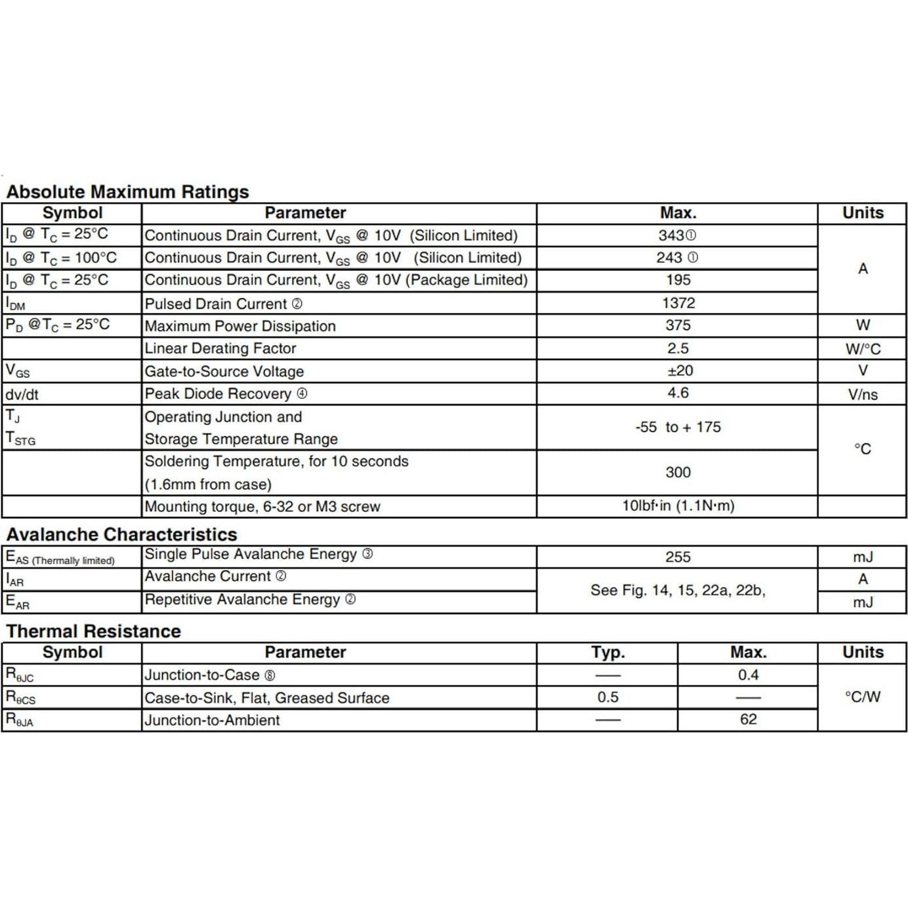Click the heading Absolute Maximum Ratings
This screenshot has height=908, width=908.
click(127, 192)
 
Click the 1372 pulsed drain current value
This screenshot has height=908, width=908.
click(678, 303)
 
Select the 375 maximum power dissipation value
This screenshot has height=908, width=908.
click(678, 325)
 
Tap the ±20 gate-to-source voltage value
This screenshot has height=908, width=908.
click(680, 371)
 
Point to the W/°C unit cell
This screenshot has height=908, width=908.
click(863, 349)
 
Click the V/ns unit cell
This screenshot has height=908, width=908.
click(863, 394)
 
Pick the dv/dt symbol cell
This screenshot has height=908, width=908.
click(22, 394)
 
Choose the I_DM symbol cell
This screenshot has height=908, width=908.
click(16, 304)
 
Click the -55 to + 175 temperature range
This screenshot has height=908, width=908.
click(678, 427)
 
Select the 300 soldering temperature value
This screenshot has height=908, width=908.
click(678, 472)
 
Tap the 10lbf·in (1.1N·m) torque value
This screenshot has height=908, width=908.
click(678, 506)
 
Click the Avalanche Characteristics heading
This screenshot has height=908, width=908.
click(121, 534)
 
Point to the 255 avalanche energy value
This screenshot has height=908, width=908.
click(678, 557)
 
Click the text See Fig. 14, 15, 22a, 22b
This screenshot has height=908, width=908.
click(678, 590)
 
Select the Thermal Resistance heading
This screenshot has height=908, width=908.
click(93, 631)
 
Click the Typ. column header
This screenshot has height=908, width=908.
click(608, 652)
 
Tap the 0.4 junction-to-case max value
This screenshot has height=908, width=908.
click(748, 675)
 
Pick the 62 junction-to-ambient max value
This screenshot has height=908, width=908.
click(748, 720)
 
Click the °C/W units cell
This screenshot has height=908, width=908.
click(863, 697)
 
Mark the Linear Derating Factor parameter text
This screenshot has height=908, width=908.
click(220, 348)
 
